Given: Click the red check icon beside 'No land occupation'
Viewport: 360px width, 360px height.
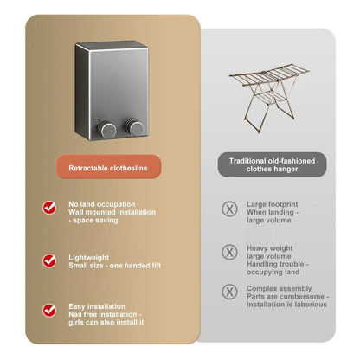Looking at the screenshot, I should coord(51,208).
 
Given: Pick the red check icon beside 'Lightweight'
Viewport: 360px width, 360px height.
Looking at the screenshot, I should coord(51,259).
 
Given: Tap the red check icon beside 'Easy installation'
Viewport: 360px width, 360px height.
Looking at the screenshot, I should coord(51,309).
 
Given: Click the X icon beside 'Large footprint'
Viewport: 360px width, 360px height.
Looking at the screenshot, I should coord(229,208).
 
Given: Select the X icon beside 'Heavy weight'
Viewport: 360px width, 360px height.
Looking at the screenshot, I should coord(229,251).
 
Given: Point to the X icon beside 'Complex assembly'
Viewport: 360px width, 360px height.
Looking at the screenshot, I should coord(229,292).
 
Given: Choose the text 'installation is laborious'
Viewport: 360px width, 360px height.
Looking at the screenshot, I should coord(285,303).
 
